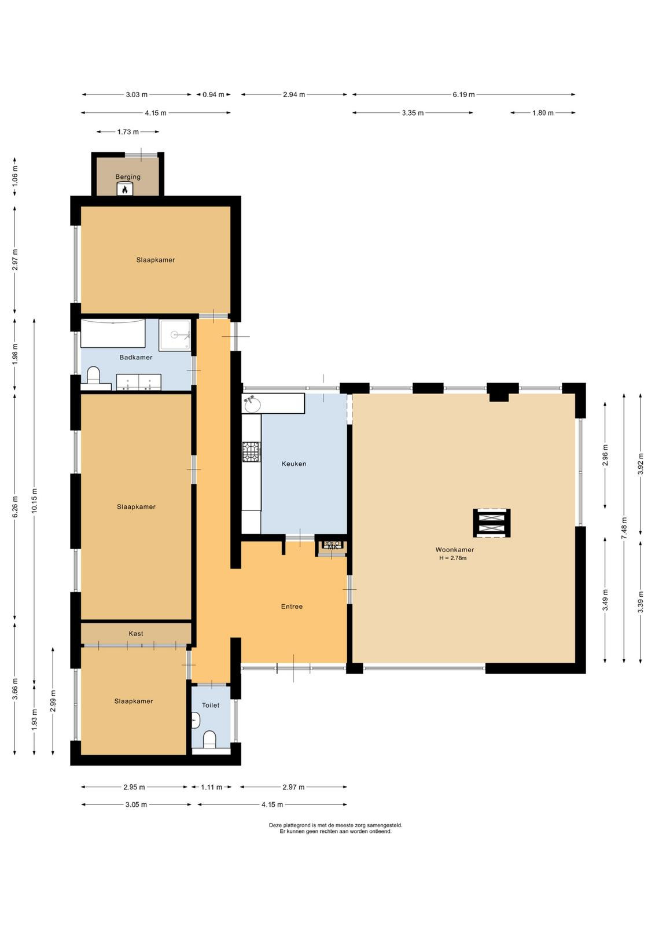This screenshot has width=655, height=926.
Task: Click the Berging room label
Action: tap(128, 177)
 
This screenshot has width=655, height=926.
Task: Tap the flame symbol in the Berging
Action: tap(125, 189)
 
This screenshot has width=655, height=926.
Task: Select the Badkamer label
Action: tap(136, 357)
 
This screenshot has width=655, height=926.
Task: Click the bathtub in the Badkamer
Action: tap(113, 333)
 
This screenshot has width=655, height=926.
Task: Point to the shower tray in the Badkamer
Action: tap(175, 335)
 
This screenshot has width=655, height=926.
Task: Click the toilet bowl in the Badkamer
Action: tap(94, 374)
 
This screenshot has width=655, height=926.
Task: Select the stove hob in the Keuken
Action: tap(251, 451)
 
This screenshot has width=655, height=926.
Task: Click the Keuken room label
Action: tap(294, 464)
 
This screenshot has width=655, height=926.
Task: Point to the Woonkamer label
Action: tap(455, 550)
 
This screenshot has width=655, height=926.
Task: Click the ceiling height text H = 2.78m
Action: tap(453, 558)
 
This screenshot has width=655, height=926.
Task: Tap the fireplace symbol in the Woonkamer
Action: tap(492, 523)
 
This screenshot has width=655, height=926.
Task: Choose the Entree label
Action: tap(292, 607)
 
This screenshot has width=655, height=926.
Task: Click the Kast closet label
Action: tap(136, 633)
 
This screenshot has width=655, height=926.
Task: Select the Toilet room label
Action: tap(211, 705)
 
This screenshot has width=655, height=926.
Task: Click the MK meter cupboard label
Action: tap(333, 547)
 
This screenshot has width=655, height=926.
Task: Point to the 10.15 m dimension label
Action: tap(34, 501)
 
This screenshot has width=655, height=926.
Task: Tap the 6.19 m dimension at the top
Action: tap(463, 95)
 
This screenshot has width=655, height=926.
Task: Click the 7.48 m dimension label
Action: tap(624, 528)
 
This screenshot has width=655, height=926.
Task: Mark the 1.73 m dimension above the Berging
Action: tap(128, 132)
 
